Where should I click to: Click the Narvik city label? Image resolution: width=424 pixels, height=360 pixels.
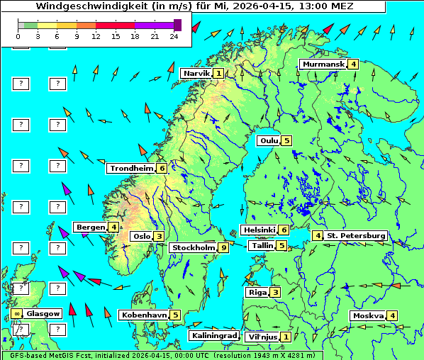(x=196, y=73)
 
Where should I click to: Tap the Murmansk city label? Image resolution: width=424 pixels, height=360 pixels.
(x=323, y=64)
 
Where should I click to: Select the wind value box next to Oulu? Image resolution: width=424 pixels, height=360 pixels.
(x=286, y=140)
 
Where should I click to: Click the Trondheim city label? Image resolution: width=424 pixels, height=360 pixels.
(x=131, y=168)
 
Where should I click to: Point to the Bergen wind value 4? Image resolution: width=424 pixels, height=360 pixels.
(x=113, y=227)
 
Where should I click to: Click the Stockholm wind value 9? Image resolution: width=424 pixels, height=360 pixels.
(x=223, y=247)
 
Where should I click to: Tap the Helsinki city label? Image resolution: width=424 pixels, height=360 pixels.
(x=259, y=230)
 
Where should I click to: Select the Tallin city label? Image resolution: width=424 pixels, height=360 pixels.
(x=262, y=245)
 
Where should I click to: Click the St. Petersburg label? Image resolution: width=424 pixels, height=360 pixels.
(x=356, y=235)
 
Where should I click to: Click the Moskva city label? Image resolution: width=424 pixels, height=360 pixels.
(x=367, y=315)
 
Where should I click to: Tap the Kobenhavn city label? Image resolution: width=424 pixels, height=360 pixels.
(x=144, y=315)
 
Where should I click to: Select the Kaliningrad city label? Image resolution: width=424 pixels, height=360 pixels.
(x=213, y=335)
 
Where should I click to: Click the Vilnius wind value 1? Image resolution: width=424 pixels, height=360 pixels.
(x=286, y=337)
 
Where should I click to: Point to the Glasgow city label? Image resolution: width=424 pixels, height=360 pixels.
(x=43, y=313)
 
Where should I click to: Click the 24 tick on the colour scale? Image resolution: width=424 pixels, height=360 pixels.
(x=174, y=35)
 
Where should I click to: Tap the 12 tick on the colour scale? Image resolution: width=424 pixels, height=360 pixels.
(x=96, y=35)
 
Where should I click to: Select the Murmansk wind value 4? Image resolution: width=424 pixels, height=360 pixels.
(x=352, y=64)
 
